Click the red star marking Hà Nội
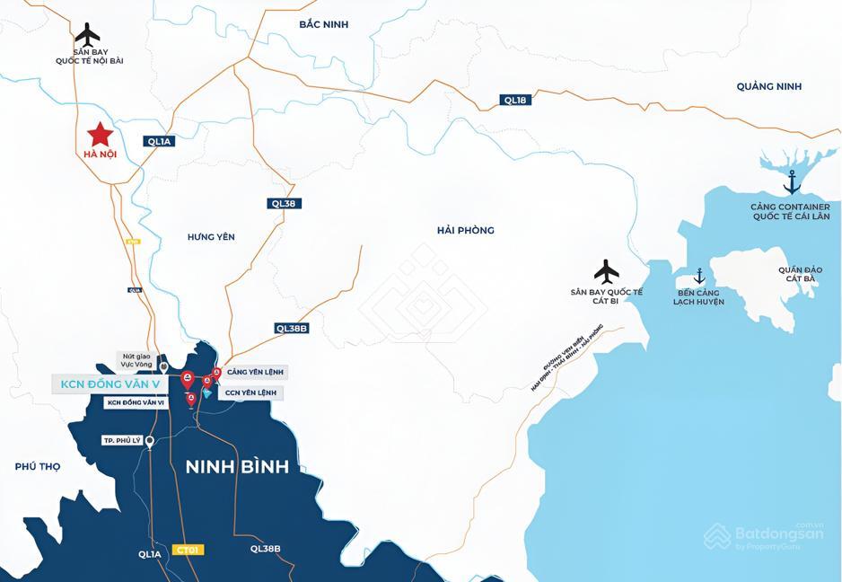click(100, 135)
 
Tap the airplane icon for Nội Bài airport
click(88, 36)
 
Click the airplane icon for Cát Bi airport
click(607, 270)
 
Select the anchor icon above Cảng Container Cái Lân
click(792, 182)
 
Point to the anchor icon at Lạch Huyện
click(699, 276)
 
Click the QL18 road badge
click(515, 101)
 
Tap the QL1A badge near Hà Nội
click(159, 141)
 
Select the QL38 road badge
click(284, 204)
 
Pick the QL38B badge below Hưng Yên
click(293, 329)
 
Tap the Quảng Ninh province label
click(768, 86)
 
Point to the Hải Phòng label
click(465, 231)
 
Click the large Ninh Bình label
click(237, 467)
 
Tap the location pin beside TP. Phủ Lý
click(150, 441)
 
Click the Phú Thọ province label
click(38, 466)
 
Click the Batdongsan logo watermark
click(764, 535)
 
